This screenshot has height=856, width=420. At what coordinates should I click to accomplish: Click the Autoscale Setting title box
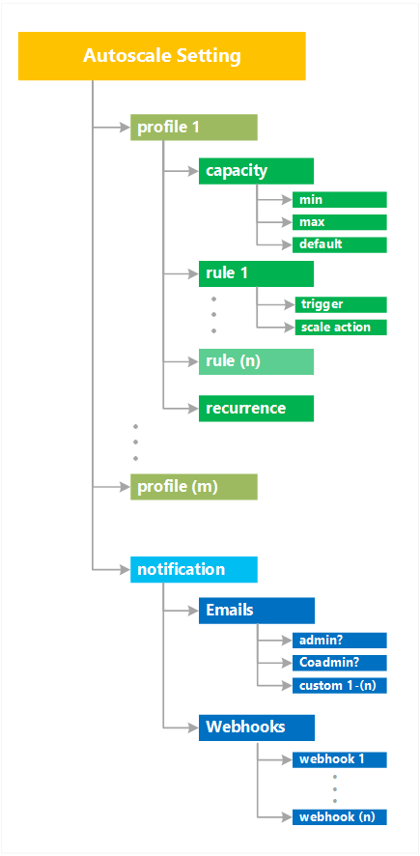click(162, 56)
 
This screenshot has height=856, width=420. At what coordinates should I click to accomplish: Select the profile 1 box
click(194, 128)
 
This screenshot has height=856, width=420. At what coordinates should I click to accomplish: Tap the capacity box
click(256, 171)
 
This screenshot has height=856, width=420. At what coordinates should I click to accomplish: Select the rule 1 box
click(256, 273)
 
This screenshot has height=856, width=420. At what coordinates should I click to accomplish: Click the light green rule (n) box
click(256, 361)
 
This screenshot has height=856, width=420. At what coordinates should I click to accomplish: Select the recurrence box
click(256, 409)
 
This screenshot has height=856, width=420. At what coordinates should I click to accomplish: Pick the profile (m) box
click(194, 487)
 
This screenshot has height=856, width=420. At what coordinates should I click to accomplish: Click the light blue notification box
click(194, 570)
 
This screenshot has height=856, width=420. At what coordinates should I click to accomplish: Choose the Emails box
click(256, 611)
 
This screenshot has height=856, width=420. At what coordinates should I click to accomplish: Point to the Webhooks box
click(256, 727)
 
